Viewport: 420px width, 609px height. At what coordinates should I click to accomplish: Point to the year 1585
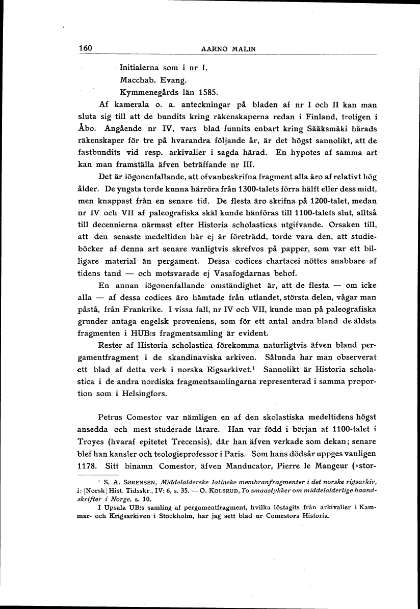pos(208,93)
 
